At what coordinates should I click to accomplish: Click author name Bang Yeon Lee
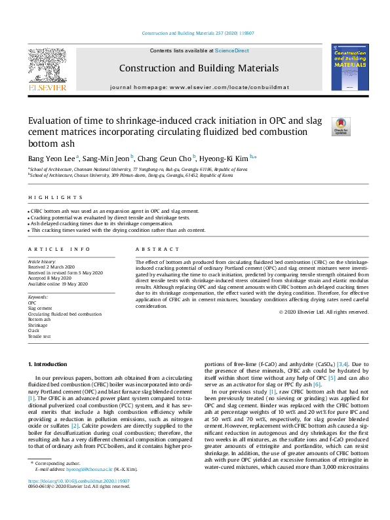(x=51, y=157)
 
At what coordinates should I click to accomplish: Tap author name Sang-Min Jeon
(x=107, y=157)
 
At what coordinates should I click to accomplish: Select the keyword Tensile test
(x=39, y=336)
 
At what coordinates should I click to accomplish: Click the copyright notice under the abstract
(x=323, y=312)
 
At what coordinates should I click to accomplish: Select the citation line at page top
(x=194, y=33)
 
